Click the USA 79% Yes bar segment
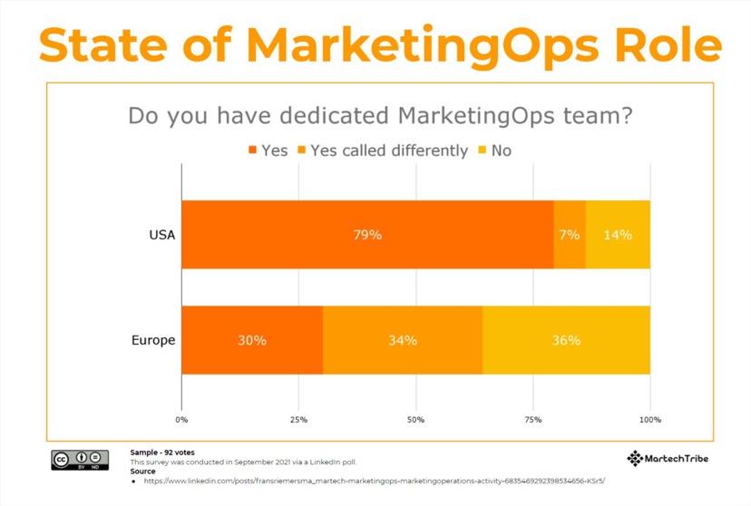pyautogui.click(x=367, y=234)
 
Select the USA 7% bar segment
pyautogui.click(x=570, y=234)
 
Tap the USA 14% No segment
pyautogui.click(x=618, y=234)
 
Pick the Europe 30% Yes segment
pyautogui.click(x=252, y=340)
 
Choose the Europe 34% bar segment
pyautogui.click(x=403, y=340)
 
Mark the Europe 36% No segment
pyautogui.click(x=566, y=340)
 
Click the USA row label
pyautogui.click(x=161, y=235)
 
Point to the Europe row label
pyautogui.click(x=153, y=341)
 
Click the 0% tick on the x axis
pyautogui.click(x=181, y=420)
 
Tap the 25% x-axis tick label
pyautogui.click(x=298, y=420)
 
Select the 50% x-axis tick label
pyautogui.click(x=415, y=420)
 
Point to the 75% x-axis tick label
pyautogui.click(x=533, y=420)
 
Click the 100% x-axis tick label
pyautogui.click(x=649, y=420)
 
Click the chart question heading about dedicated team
pyautogui.click(x=380, y=116)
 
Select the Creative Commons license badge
pyautogui.click(x=73, y=460)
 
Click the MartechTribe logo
pyautogui.click(x=668, y=458)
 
